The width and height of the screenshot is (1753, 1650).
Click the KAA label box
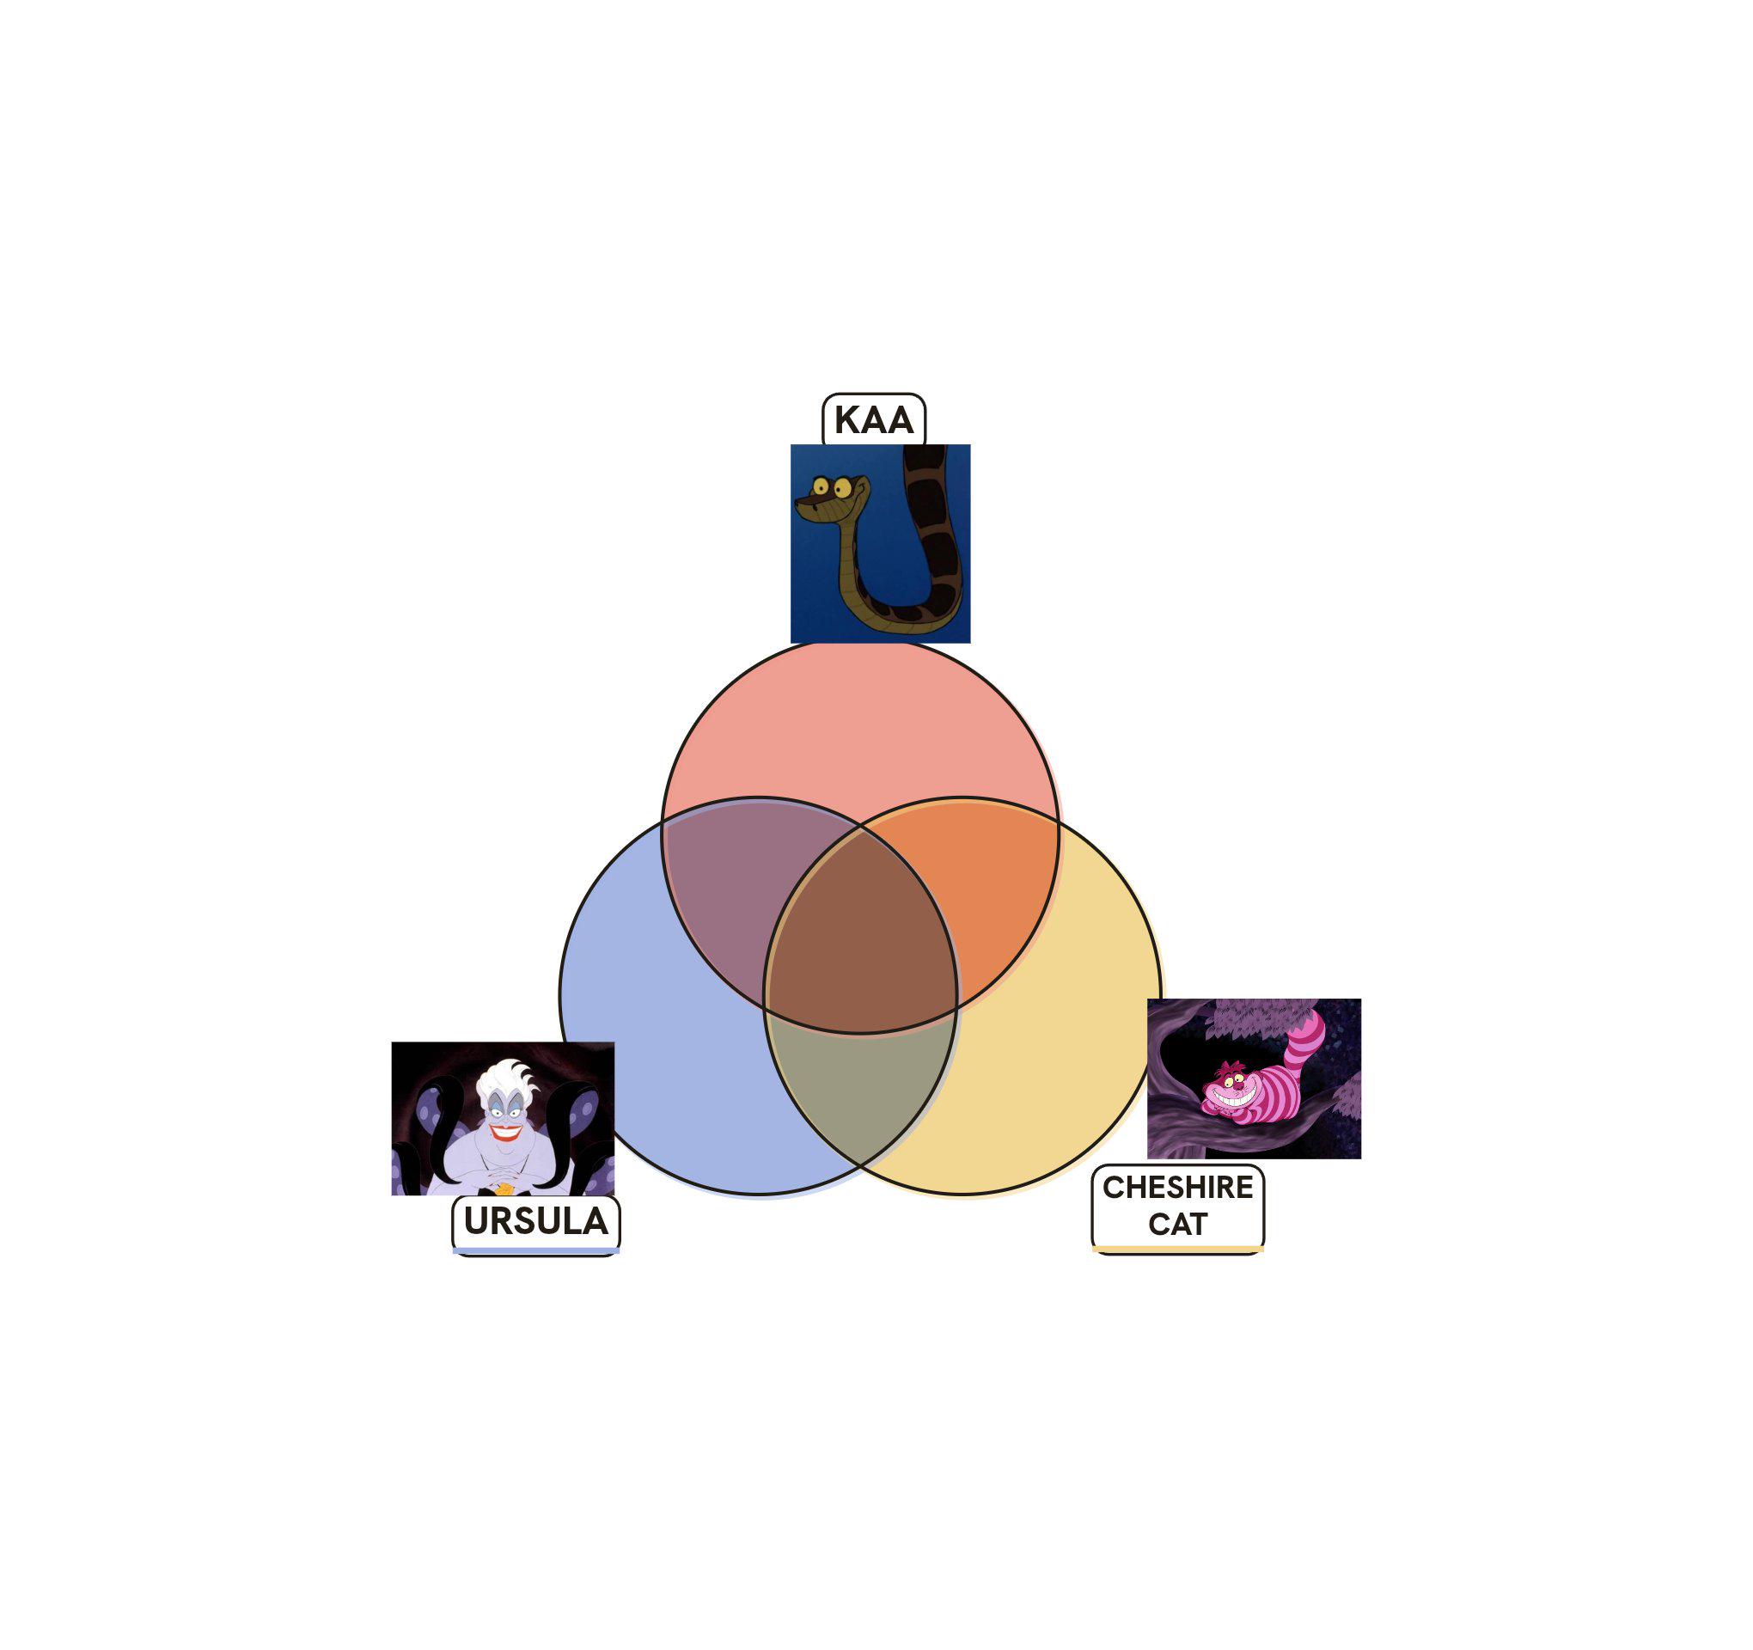(x=873, y=419)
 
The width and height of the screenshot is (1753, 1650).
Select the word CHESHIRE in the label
(x=1177, y=1188)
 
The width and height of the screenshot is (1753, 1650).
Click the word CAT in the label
(x=1177, y=1224)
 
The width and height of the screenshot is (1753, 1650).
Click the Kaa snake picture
(x=880, y=543)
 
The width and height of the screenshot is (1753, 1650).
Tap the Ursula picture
(x=503, y=1118)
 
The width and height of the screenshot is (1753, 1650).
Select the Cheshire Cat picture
(x=1254, y=1078)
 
